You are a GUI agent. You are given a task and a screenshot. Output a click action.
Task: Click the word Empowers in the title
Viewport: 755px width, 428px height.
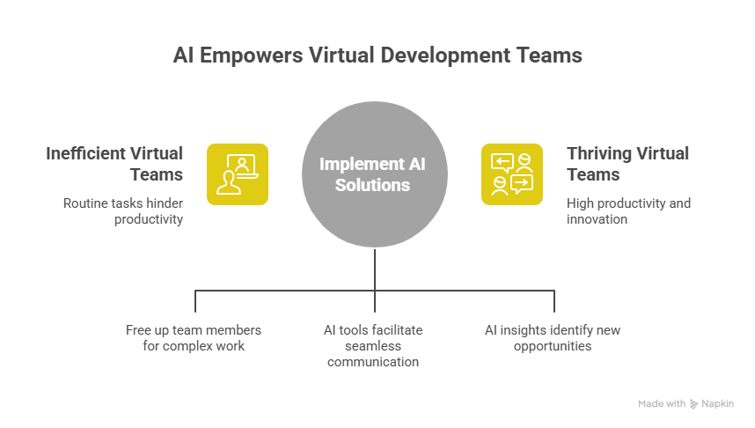pos(256,55)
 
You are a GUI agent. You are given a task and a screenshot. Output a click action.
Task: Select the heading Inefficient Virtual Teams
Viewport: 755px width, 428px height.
pos(114,163)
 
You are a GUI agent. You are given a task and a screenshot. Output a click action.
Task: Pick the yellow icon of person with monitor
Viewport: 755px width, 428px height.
pos(238,174)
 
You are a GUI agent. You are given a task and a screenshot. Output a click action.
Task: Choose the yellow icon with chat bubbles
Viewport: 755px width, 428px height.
pos(512,174)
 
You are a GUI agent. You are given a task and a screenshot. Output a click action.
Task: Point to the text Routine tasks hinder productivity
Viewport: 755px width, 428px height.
pos(122,210)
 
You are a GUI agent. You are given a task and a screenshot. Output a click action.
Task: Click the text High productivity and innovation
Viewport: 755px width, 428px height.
pos(628,210)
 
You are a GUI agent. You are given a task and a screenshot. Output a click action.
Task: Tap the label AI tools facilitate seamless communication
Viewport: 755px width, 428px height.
pos(374,346)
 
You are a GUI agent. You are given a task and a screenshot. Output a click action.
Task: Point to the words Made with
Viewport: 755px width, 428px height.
pos(661,403)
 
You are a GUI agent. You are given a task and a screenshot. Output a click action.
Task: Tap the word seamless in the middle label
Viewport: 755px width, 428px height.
pos(374,346)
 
